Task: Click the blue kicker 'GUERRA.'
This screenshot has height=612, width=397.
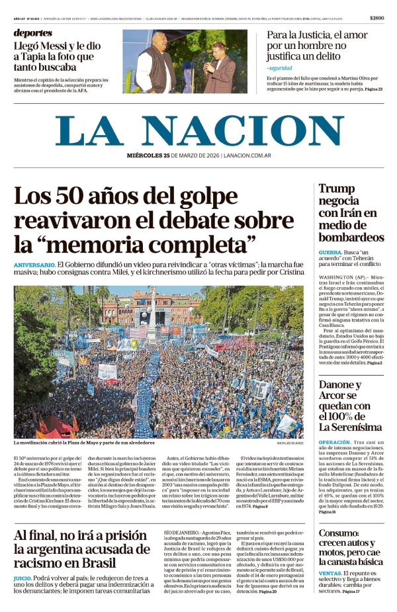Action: click(330, 253)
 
